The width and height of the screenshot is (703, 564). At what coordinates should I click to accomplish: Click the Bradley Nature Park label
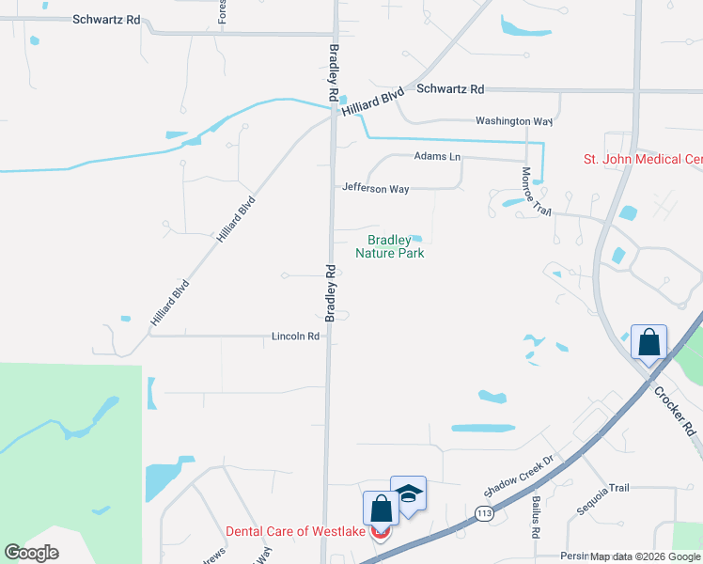coord(390,246)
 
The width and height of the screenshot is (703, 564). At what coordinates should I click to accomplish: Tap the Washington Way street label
coord(513,121)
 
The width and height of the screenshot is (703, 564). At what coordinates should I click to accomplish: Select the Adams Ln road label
coord(437,156)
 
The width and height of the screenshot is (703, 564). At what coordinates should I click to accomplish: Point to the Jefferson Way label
coord(375,189)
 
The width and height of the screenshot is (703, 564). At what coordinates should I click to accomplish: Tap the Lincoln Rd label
coord(296,336)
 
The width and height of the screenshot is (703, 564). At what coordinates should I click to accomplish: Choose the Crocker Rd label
coord(675,411)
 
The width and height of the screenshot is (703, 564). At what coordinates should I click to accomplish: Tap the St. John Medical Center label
coord(643,160)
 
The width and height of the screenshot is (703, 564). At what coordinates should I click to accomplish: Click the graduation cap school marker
coord(409,493)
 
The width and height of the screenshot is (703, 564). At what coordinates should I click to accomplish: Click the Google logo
coord(31,553)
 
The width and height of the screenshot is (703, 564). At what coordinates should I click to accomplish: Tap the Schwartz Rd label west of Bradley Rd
coord(106,19)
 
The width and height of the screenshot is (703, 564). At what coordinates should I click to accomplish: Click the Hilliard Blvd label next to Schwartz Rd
coord(372,102)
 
